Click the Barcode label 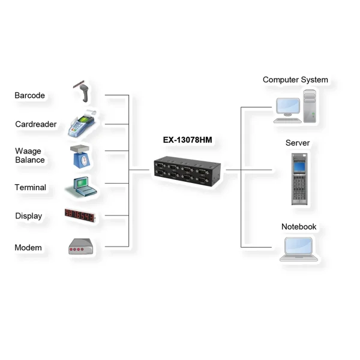(x=29, y=95)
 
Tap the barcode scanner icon (x=85, y=90)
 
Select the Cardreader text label (x=36, y=124)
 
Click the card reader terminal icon (x=83, y=123)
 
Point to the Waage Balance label (x=29, y=155)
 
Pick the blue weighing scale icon (x=82, y=155)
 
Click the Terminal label (x=30, y=187)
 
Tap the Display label (x=28, y=216)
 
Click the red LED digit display (x=80, y=215)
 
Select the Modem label (x=28, y=247)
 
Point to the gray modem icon (x=80, y=247)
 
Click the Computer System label (x=295, y=80)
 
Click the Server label (x=298, y=143)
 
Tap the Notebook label (x=298, y=227)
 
